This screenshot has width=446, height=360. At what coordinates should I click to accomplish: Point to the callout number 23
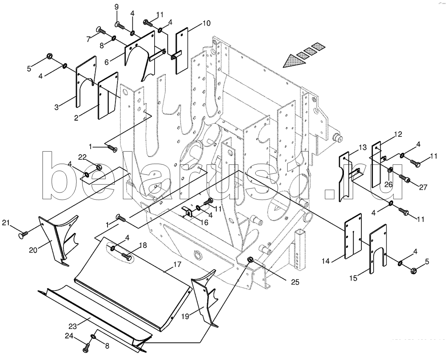72,326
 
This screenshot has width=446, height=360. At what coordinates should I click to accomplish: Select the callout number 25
295,282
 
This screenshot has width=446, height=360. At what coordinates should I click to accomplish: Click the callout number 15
354,278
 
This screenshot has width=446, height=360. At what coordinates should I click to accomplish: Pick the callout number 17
176,265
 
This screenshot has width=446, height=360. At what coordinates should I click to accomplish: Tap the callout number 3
57,108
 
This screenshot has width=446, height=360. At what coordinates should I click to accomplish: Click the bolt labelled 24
87,348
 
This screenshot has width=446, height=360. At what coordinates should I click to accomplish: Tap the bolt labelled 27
406,179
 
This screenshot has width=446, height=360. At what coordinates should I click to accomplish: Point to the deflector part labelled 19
203,299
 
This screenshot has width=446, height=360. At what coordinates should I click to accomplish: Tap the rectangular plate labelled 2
107,95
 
